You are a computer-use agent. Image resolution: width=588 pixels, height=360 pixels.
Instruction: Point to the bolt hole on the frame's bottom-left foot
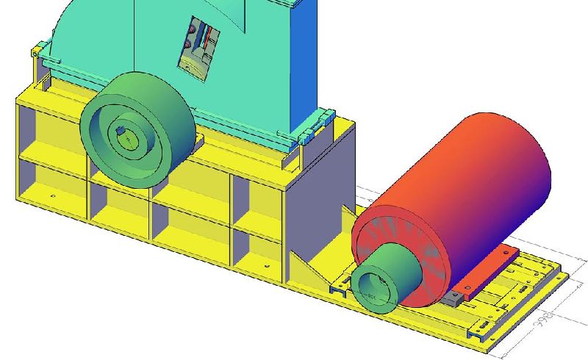53,197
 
